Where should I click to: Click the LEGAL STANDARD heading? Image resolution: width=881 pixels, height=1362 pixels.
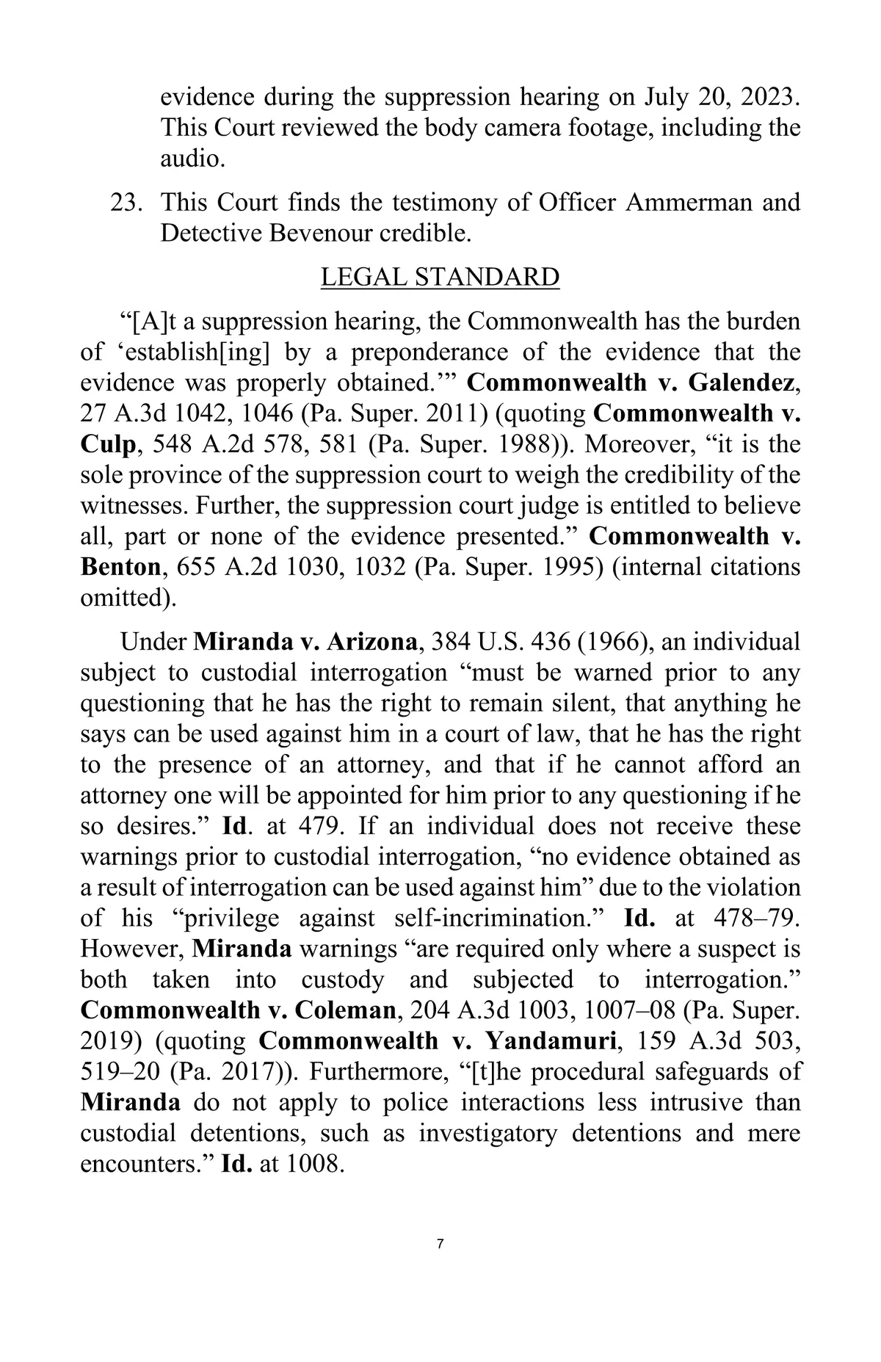click(x=440, y=278)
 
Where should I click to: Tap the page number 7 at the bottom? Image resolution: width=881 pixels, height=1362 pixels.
click(x=440, y=1223)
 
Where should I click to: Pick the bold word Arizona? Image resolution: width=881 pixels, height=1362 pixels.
click(x=372, y=642)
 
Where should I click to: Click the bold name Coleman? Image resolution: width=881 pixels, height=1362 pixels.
click(x=345, y=1010)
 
